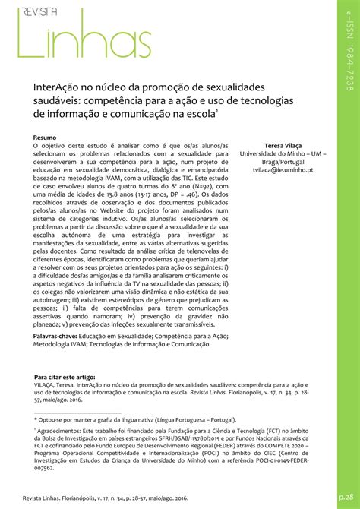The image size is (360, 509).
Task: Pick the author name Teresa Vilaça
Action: (x=282, y=144)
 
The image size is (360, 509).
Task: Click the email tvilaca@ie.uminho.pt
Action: (x=282, y=172)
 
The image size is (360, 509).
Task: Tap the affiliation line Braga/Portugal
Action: (x=282, y=163)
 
